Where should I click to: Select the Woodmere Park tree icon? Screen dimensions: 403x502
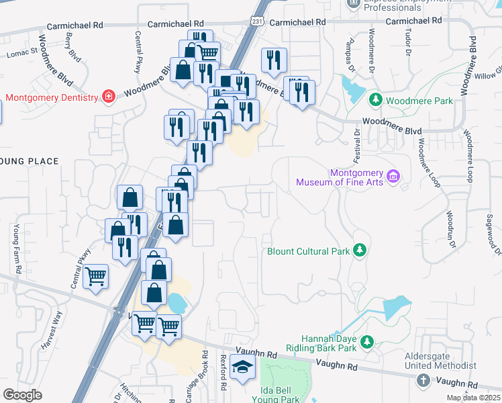click(376, 101)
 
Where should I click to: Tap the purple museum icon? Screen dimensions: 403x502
click(394, 177)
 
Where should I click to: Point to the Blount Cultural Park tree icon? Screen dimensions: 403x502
click(360, 251)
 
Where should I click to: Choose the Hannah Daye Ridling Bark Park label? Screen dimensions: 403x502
click(328, 344)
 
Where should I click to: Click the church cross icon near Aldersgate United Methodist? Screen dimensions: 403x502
click(423, 380)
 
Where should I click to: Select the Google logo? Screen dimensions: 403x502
click(22, 394)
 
